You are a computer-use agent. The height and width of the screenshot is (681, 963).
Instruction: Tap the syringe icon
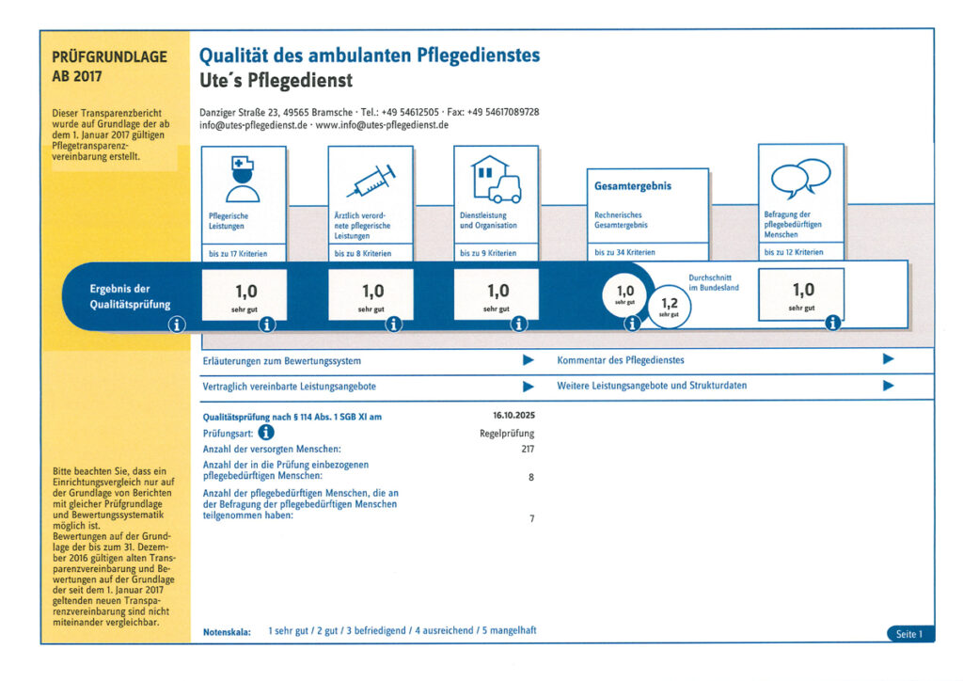click(371, 180)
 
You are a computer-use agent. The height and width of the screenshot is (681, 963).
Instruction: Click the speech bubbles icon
click(800, 177)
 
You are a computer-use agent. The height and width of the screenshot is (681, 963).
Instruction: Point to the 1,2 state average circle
click(670, 307)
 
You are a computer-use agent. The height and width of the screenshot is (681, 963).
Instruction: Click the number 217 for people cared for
click(526, 449)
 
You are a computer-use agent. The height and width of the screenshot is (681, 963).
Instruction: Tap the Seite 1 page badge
click(908, 634)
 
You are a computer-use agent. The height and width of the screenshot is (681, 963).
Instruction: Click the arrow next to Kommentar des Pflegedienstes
click(888, 359)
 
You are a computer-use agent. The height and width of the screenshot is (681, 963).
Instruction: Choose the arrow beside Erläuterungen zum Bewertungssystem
click(529, 360)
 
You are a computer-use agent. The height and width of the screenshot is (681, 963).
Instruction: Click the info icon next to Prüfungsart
click(266, 433)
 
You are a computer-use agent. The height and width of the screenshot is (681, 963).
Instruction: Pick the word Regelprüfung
click(507, 434)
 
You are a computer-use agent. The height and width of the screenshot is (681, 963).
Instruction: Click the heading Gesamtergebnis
click(632, 186)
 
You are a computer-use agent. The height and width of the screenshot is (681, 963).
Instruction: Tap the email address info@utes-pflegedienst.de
click(253, 124)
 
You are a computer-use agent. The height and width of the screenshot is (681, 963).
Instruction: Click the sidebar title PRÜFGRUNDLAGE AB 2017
click(109, 66)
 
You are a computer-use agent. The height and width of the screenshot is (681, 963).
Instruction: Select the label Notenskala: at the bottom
click(227, 631)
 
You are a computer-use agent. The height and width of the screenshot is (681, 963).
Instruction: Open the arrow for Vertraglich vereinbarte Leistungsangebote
click(529, 387)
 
